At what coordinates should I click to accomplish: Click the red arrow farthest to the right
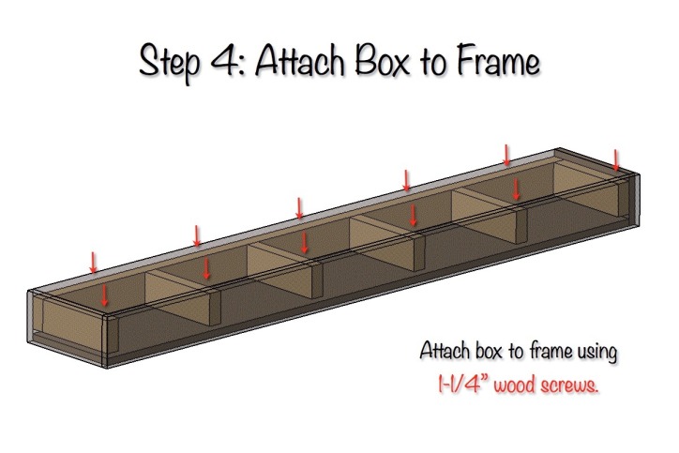pyautogui.click(x=616, y=160)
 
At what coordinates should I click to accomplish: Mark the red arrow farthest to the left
pyautogui.click(x=93, y=262)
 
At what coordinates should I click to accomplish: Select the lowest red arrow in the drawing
pyautogui.click(x=105, y=294)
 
